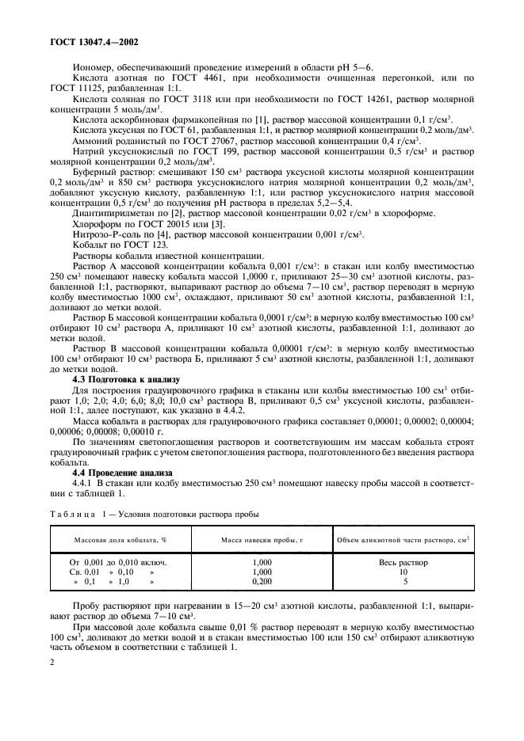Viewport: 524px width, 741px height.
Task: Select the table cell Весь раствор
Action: pos(403,563)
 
